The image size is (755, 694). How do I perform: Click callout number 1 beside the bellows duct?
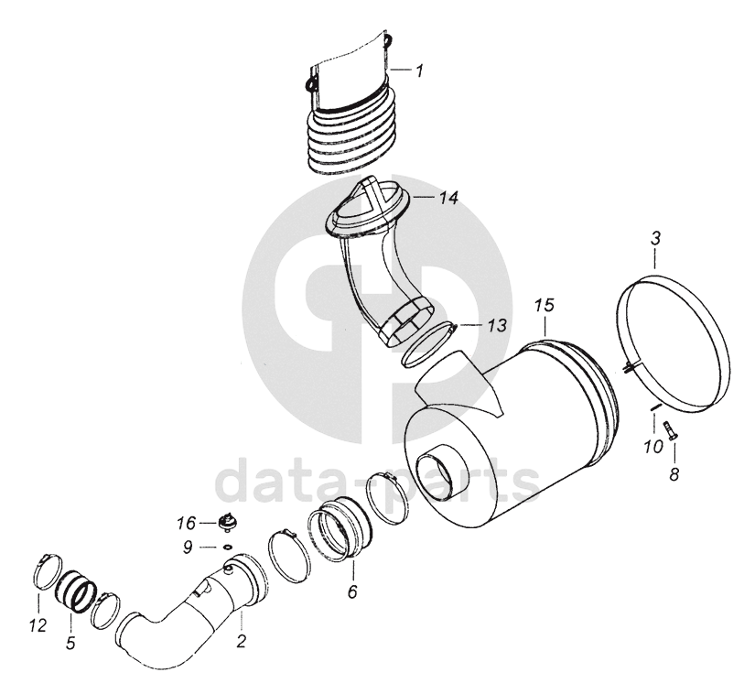[x=419, y=70]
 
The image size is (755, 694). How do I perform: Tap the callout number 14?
[x=448, y=198]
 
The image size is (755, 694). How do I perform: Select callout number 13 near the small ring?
[x=497, y=326]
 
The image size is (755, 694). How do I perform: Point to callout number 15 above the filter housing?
[x=545, y=305]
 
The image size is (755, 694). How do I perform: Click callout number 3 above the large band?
[x=655, y=238]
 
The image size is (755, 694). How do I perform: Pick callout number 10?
[x=653, y=448]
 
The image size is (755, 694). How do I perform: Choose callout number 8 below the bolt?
[x=674, y=474]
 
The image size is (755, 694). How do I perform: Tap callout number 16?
[x=186, y=523]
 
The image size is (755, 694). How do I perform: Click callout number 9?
[x=188, y=547]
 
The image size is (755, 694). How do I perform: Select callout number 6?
[x=352, y=591]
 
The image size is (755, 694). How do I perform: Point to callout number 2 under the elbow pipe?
[x=242, y=641]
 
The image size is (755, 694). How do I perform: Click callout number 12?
[x=38, y=625]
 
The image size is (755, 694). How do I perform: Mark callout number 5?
[x=70, y=643]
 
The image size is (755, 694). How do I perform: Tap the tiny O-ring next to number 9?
[x=228, y=547]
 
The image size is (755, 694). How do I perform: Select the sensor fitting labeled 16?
[x=225, y=522]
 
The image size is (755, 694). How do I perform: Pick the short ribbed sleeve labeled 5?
[x=76, y=592]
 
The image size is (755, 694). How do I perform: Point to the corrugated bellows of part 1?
[x=353, y=137]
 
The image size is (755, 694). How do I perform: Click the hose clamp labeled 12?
[x=48, y=571]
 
